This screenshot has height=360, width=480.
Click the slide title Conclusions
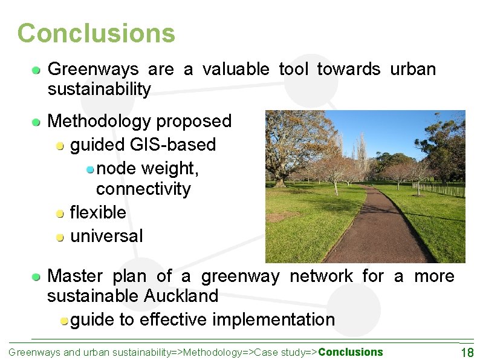click(96, 33)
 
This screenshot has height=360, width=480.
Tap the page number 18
click(467, 353)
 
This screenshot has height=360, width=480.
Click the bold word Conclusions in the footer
click(351, 352)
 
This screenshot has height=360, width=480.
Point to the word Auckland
click(181, 296)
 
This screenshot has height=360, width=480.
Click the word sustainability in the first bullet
click(99, 90)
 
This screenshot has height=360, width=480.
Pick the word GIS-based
click(172, 145)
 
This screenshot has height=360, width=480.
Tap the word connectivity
click(143, 189)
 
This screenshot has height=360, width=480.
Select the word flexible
click(98, 212)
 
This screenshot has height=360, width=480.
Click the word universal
click(106, 235)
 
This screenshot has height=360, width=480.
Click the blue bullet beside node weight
click(90, 168)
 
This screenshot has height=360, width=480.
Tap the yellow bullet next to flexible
click(60, 213)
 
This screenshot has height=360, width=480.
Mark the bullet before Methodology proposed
click(37, 122)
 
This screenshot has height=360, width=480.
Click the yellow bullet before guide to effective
click(64, 321)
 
